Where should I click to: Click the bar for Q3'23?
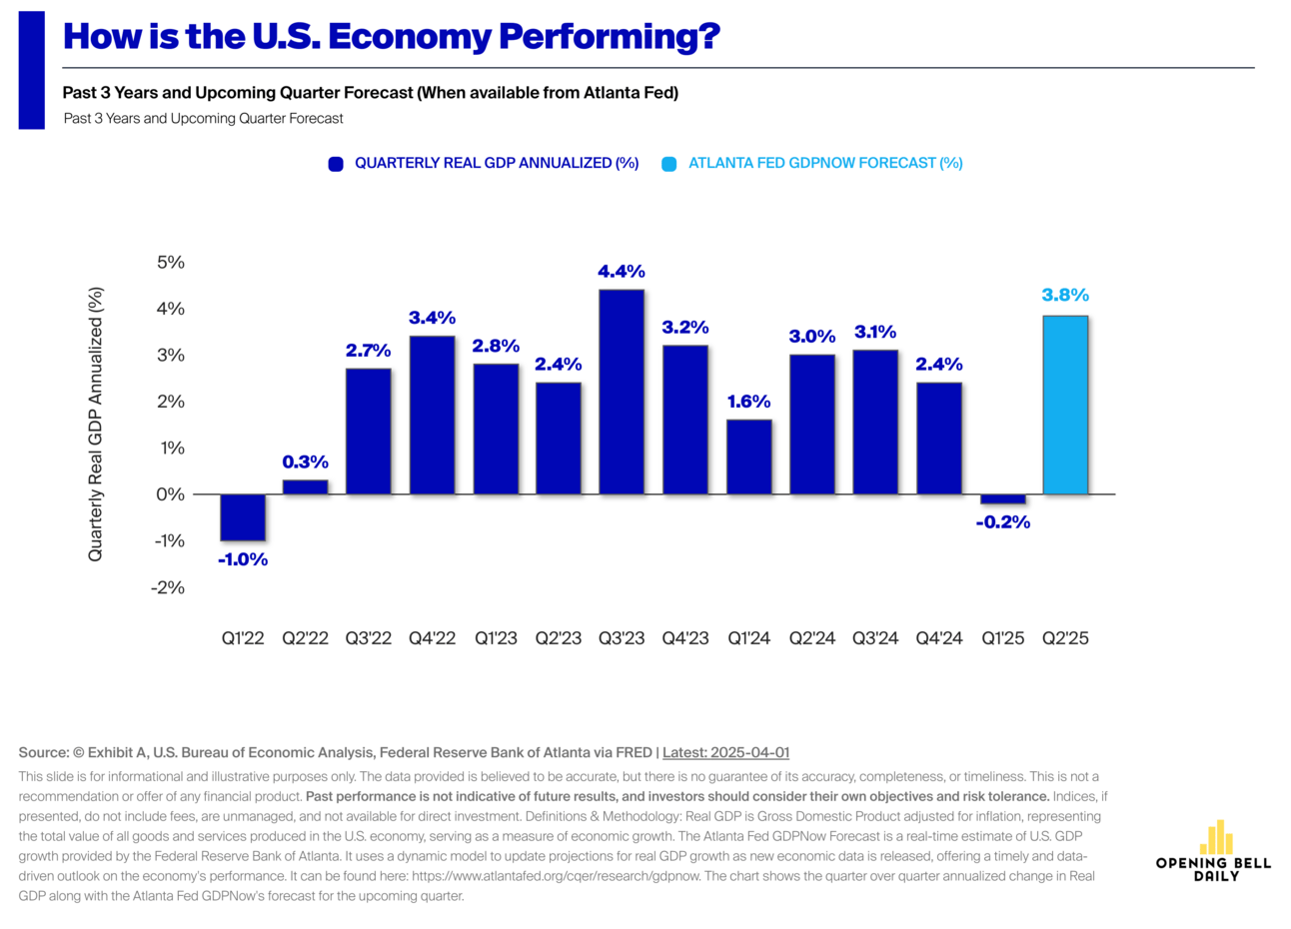pyautogui.click(x=622, y=392)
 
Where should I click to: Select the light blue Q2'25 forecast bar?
pyautogui.click(x=1065, y=405)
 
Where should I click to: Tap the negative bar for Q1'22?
pyautogui.click(x=243, y=517)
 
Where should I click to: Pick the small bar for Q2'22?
pyautogui.click(x=305, y=487)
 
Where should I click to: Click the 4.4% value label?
pyautogui.click(x=622, y=272)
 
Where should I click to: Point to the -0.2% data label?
pyautogui.click(x=1002, y=522)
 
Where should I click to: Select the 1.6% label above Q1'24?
pyautogui.click(x=748, y=402)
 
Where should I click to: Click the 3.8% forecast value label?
pyautogui.click(x=1065, y=295)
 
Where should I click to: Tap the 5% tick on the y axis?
pyautogui.click(x=170, y=263)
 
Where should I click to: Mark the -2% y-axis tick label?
pyautogui.click(x=168, y=587)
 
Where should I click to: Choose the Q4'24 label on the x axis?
pyautogui.click(x=939, y=638)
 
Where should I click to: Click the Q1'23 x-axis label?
pyautogui.click(x=496, y=638)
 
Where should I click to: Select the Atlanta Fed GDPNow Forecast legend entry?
pyautogui.click(x=824, y=163)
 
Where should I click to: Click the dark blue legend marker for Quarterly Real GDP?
pyautogui.click(x=336, y=164)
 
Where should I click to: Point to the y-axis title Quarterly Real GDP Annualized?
pyautogui.click(x=96, y=425)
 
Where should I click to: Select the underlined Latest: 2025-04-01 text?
pyautogui.click(x=725, y=752)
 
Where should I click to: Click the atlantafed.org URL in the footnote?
pyautogui.click(x=557, y=876)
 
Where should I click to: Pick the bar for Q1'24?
pyautogui.click(x=748, y=457)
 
